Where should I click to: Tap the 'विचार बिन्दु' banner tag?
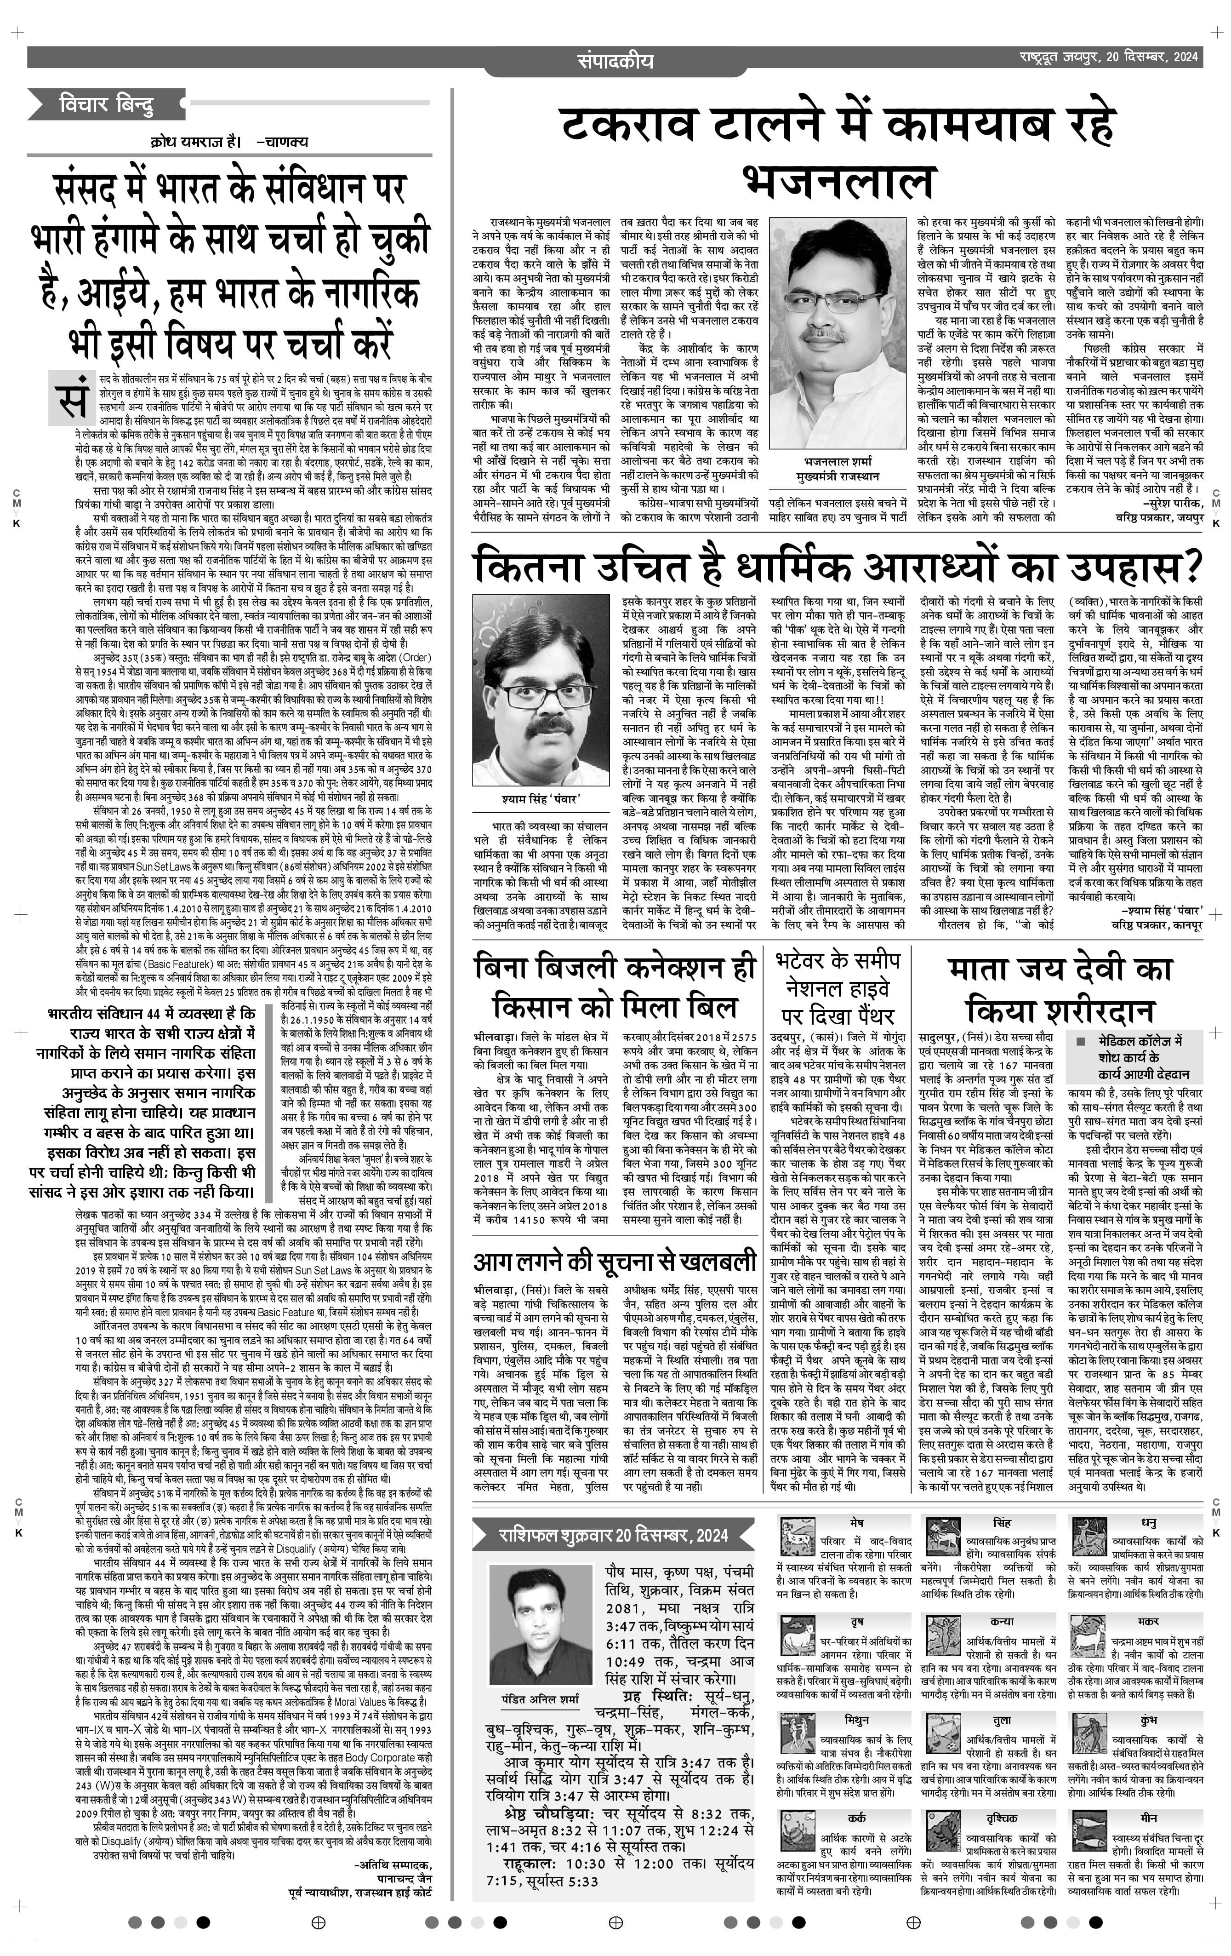106,105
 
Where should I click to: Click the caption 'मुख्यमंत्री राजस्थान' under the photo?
838,477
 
